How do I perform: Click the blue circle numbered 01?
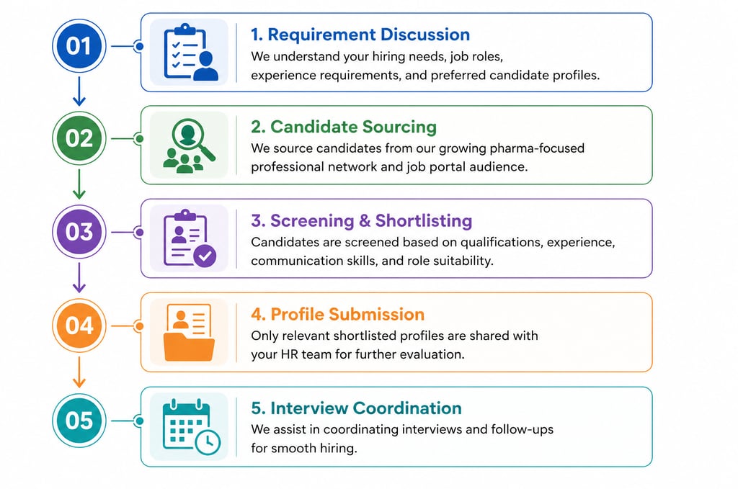[x=79, y=46]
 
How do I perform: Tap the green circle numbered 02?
[x=79, y=139]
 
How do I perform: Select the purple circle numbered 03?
[x=79, y=232]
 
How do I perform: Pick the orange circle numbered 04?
[x=79, y=326]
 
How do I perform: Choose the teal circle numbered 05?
[x=79, y=419]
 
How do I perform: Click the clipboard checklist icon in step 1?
[x=180, y=52]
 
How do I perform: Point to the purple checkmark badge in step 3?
[x=205, y=256]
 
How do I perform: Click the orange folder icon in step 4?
[x=190, y=344]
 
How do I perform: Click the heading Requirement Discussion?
[x=360, y=34]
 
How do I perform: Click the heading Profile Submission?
[x=337, y=314]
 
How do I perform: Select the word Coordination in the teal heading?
[x=407, y=408]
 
